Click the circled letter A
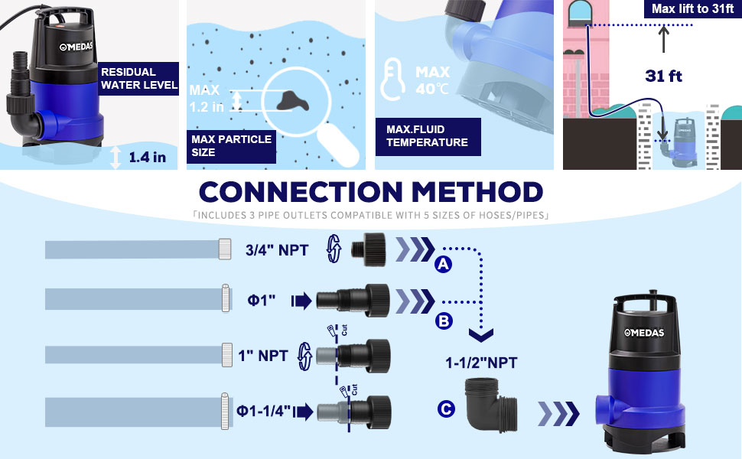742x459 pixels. [x=444, y=264]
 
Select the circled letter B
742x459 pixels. [x=444, y=321]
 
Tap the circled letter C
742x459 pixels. [x=446, y=409]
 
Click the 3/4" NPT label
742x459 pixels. [x=277, y=250]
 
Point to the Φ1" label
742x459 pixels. [x=261, y=300]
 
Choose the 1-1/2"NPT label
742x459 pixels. [x=481, y=363]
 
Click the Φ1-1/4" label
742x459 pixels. [x=264, y=410]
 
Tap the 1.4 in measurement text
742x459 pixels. [x=147, y=157]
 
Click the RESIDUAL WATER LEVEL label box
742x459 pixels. [x=138, y=79]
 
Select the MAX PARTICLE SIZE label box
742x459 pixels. [x=231, y=146]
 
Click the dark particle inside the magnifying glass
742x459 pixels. [x=293, y=100]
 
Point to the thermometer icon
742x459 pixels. [x=392, y=80]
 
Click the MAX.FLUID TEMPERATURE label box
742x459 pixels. [x=428, y=136]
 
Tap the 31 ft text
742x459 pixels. [x=663, y=76]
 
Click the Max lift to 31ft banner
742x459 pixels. [x=692, y=8]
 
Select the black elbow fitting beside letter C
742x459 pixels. [x=491, y=405]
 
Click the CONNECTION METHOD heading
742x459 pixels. [x=371, y=192]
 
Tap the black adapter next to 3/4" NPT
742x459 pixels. [x=369, y=249]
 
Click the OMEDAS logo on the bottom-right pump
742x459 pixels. [x=643, y=333]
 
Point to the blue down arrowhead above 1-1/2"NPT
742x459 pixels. [x=481, y=335]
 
